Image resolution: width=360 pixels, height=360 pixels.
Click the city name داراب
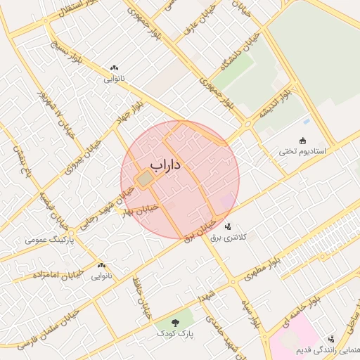pyautogui.click(x=165, y=165)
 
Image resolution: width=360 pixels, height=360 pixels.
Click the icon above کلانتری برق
pyautogui.click(x=228, y=226)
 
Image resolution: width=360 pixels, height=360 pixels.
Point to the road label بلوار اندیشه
pyautogui.click(x=275, y=103)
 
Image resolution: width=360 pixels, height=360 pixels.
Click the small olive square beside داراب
pyautogui.click(x=144, y=181)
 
